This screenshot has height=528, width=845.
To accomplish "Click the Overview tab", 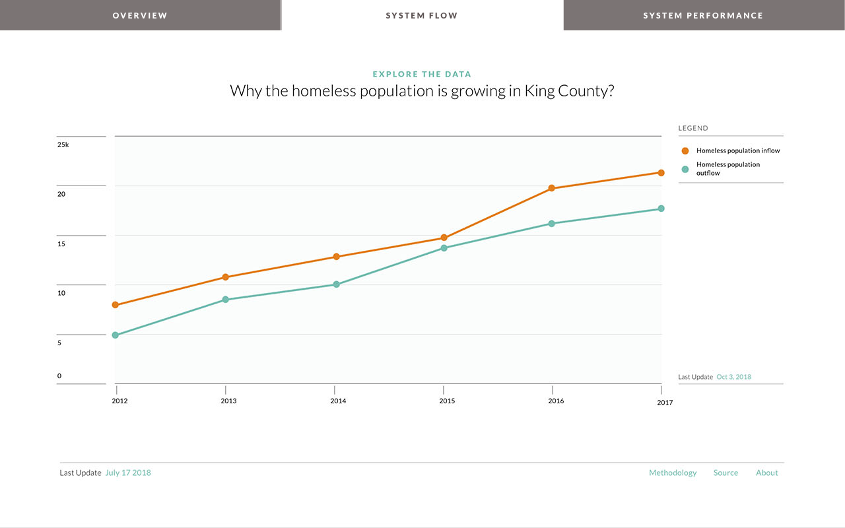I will pos(140,15).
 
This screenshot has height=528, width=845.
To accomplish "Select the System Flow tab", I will pos(422,15).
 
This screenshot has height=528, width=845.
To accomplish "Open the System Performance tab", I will pos(703,15).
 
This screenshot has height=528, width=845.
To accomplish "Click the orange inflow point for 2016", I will pos(552,188).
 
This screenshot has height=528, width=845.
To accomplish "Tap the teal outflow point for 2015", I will pos(444,248).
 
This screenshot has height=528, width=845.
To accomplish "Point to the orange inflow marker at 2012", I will pos(116,305).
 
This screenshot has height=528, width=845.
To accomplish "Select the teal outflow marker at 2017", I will pos(661,209).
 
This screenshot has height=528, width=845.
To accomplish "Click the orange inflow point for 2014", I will pos(336,257).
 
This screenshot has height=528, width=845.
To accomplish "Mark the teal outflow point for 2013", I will pos(225,300).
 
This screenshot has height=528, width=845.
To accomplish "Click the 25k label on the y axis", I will pos(63,145).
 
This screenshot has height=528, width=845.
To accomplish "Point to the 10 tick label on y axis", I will pos(61,293).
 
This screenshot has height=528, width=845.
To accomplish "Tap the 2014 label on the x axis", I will pos(338,401).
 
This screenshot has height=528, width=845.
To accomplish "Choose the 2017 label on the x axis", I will pos(665,403).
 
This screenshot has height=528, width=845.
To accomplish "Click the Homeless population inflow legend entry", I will pos(737,150).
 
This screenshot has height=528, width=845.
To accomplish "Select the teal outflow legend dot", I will pos(685,169).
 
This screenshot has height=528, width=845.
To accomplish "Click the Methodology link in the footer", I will pos(673,473).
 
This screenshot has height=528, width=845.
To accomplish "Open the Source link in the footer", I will pos(726,473).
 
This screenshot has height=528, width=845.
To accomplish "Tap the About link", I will pos(766,473).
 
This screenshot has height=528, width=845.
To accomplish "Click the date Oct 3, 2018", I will pos(733,377).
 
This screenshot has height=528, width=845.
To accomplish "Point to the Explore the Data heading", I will pos(422,75).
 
